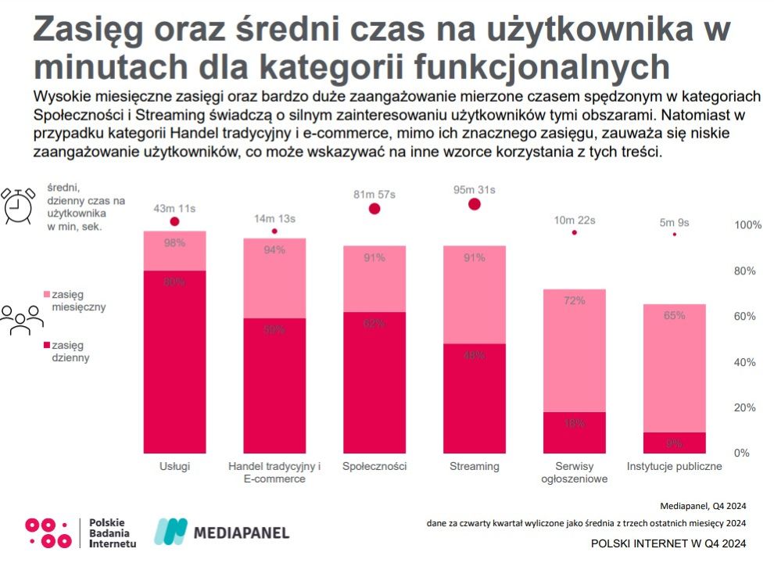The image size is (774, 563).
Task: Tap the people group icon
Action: [21, 319]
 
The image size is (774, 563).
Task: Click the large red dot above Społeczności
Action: [374, 208]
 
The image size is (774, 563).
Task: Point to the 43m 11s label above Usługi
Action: [174, 208]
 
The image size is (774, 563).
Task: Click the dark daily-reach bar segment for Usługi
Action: [174, 361]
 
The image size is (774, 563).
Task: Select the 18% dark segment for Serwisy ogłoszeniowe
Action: [575, 432]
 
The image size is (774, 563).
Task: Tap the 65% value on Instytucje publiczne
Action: [674, 316]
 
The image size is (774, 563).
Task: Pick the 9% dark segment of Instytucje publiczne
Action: [674, 443]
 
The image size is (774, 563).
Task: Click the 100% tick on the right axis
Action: [747, 225]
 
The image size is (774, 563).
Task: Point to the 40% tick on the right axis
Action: [747, 362]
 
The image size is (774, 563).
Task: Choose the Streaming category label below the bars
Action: [474, 467]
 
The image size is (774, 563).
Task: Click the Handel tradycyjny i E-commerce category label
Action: [274, 472]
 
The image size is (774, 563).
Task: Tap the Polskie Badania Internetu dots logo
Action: [48, 533]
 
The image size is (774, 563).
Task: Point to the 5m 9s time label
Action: [674, 222]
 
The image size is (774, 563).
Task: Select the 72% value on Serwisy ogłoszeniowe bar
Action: [575, 300]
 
